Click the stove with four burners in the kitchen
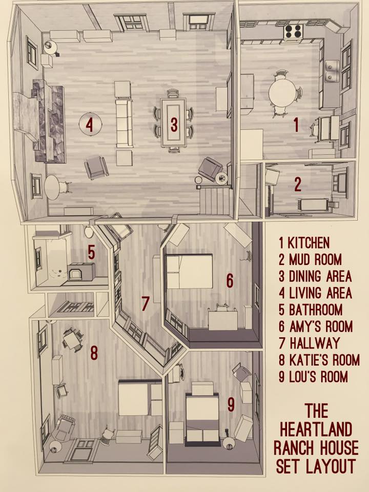point(294,31)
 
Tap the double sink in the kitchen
point(332,71)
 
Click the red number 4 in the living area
point(90,125)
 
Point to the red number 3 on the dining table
point(174,124)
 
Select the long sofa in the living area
point(124,124)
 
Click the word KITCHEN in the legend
point(309,243)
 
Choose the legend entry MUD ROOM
point(310,259)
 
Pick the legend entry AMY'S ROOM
point(316,326)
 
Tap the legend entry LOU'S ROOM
point(314,377)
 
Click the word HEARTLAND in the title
point(316,429)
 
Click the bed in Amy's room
point(189,272)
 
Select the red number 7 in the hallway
point(145,303)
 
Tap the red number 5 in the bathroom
point(91,252)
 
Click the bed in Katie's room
point(140,397)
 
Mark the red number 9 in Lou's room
point(231,404)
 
